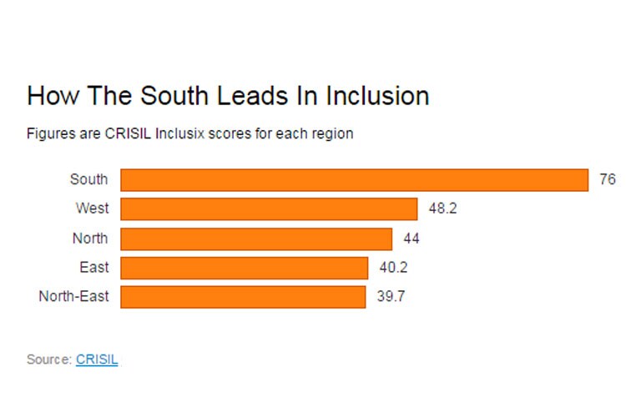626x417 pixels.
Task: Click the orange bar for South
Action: pos(355,180)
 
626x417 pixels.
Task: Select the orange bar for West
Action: pos(269,208)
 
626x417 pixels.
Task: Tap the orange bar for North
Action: pos(256,239)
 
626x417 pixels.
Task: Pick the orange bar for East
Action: pos(244,268)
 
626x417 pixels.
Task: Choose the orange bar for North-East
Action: pos(243,297)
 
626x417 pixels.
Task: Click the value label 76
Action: pos(607,179)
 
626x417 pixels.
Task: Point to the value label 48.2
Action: pos(442,208)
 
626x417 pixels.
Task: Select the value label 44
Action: pos(411,239)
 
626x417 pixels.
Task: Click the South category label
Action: pos(88,179)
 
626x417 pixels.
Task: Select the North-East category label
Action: pos(73,297)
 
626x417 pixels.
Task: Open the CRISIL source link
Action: pos(97,359)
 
